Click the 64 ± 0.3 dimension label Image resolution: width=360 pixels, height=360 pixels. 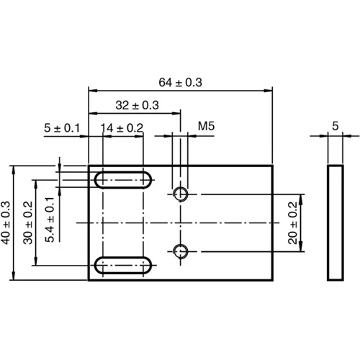pyautogui.click(x=180, y=82)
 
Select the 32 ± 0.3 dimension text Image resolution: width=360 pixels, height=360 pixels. pyautogui.click(x=137, y=105)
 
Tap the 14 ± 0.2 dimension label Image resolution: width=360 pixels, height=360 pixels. pyautogui.click(x=122, y=127)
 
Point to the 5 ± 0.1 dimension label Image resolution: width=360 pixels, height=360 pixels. pyautogui.click(x=60, y=127)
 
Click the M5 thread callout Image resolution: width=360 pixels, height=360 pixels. pyautogui.click(x=207, y=127)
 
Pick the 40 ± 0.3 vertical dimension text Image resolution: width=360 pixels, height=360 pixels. pyautogui.click(x=6, y=222)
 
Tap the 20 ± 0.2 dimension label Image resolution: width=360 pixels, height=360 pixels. pyautogui.click(x=293, y=223)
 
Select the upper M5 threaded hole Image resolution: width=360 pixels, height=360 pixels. pyautogui.click(x=180, y=194)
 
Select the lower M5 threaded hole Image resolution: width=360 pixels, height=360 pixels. pyautogui.click(x=180, y=251)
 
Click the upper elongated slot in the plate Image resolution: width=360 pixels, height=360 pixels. pyautogui.click(x=122, y=179)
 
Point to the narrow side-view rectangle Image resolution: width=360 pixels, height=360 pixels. pyautogui.click(x=335, y=222)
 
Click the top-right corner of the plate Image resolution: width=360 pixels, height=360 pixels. pyautogui.click(x=273, y=166)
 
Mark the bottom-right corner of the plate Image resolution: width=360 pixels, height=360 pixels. pyautogui.click(x=273, y=279)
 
